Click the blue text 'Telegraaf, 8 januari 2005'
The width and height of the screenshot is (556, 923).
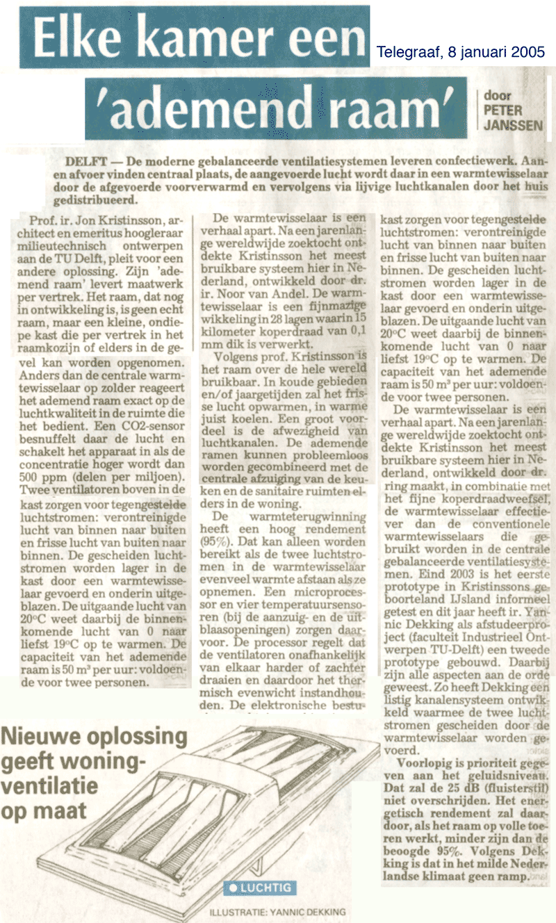click(x=461, y=52)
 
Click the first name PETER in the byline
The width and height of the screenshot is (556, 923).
click(x=503, y=110)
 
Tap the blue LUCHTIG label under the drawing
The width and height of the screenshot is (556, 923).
click(x=261, y=888)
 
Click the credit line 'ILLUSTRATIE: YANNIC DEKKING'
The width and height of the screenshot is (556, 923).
click(x=277, y=911)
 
